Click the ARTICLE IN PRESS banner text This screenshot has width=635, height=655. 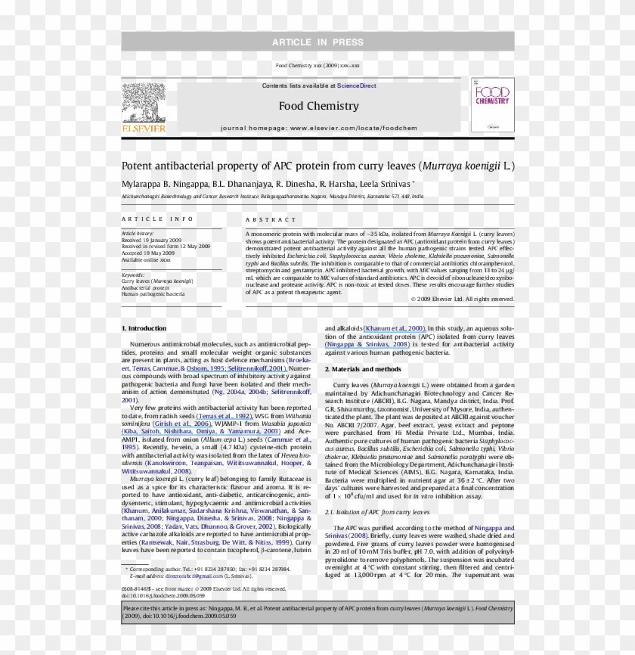tap(317, 42)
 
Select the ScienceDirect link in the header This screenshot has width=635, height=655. tap(357, 85)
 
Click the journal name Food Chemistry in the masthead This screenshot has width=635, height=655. tap(318, 105)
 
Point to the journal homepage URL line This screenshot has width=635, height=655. tap(318, 129)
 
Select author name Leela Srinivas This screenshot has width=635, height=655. tap(379, 184)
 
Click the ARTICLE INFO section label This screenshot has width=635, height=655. tap(152, 219)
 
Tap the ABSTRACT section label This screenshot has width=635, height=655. tap(270, 219)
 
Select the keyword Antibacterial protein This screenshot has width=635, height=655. tap(146, 287)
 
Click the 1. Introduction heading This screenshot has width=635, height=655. tap(144, 328)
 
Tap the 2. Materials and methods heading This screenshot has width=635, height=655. tap(363, 368)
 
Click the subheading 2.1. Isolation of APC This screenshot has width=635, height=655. tap(376, 512)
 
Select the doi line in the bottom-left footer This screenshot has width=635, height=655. tap(163, 595)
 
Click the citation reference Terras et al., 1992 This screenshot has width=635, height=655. tap(224, 416)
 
